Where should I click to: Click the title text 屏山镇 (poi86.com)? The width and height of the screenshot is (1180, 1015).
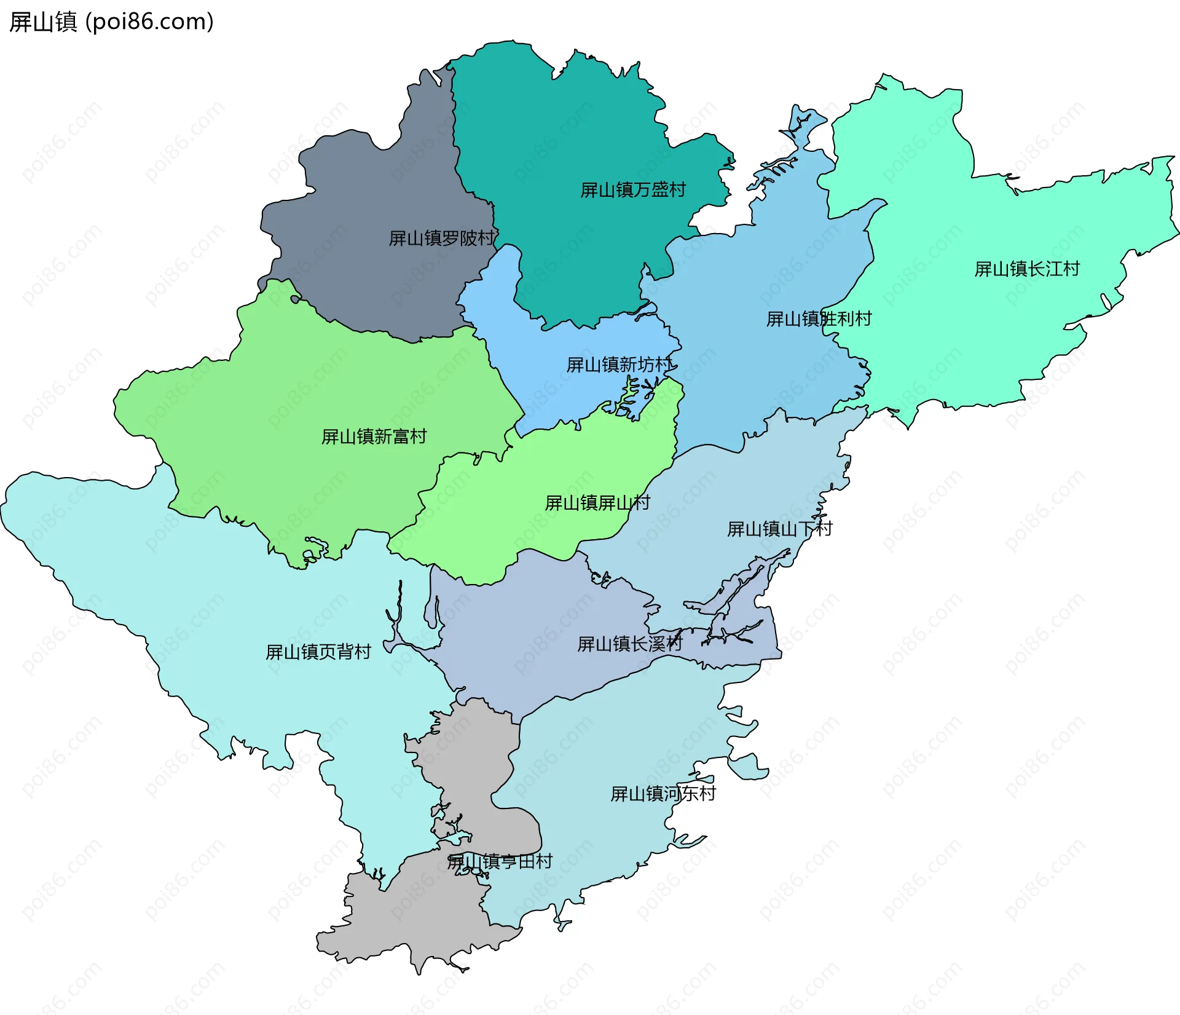[x=111, y=22]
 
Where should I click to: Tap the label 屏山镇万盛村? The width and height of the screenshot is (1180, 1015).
[x=633, y=190]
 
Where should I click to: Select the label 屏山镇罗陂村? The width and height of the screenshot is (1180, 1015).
[x=442, y=239]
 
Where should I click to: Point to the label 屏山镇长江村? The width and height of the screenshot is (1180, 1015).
[x=1027, y=269]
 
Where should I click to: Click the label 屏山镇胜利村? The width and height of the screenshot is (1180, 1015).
[x=819, y=319]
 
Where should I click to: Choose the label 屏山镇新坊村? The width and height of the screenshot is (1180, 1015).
[x=619, y=365]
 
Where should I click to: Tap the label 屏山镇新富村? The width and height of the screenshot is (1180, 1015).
[x=374, y=437]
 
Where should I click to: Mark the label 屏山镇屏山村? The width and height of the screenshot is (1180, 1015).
[x=597, y=504]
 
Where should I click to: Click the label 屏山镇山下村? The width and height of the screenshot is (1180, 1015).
[x=779, y=529]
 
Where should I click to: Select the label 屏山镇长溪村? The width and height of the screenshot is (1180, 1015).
[x=630, y=644]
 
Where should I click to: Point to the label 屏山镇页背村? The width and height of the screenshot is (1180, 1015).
[x=318, y=652]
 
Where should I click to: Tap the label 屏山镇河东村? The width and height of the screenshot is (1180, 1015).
[x=663, y=794]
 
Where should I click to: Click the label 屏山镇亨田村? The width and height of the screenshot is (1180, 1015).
[x=500, y=862]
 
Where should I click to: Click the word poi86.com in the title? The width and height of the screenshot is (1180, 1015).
[x=150, y=22]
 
